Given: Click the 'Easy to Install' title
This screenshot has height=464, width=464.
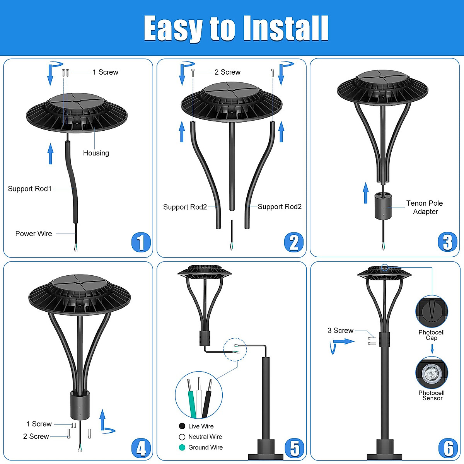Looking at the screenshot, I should click(x=236, y=28).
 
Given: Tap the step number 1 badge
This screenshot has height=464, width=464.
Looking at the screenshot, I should click(x=141, y=242).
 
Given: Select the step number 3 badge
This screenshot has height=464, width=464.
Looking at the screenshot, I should click(x=447, y=242).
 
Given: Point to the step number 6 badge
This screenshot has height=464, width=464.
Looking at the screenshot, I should click(x=448, y=448).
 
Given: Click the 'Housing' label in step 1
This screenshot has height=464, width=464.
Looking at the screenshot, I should click(x=96, y=153).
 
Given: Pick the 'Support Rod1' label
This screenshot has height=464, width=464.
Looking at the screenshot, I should click(x=30, y=189).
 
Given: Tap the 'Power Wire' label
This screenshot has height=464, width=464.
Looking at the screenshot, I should click(x=34, y=234).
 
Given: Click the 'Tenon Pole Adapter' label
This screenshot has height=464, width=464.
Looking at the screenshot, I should click(x=425, y=207).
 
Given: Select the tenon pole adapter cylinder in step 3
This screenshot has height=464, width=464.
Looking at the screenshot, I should click(x=383, y=206).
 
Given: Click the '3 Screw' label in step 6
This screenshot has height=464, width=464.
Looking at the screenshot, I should click(x=340, y=331).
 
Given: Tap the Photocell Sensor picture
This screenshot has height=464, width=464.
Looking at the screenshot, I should click(x=432, y=373).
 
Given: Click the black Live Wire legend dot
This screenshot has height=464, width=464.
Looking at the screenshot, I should click(x=182, y=426).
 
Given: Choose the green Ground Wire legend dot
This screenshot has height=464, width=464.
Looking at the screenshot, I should click(x=182, y=447).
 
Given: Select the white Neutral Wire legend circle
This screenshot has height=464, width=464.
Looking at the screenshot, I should click(x=182, y=437).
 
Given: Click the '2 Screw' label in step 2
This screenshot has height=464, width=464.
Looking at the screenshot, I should click(x=227, y=72).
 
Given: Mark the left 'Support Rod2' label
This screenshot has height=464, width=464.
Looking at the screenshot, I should click(x=185, y=207).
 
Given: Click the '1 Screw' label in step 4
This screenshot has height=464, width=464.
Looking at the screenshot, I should click(x=39, y=424).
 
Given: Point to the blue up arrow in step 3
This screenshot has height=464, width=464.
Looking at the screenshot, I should click(x=366, y=193).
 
